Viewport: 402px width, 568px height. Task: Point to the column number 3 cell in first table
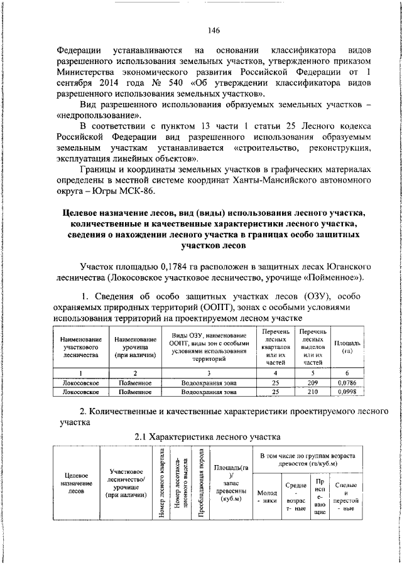click(x=209, y=372)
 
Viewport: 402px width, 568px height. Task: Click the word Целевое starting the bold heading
click(x=83, y=213)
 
